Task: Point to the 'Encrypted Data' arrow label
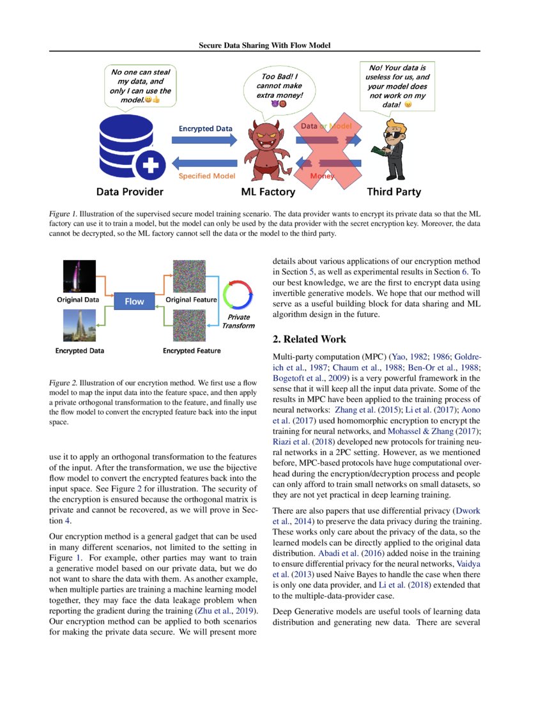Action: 205,128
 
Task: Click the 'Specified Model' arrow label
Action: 206,175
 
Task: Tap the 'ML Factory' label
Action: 268,192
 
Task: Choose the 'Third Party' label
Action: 394,192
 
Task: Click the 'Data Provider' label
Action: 130,192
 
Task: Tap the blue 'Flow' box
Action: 134,301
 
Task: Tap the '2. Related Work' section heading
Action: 309,339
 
